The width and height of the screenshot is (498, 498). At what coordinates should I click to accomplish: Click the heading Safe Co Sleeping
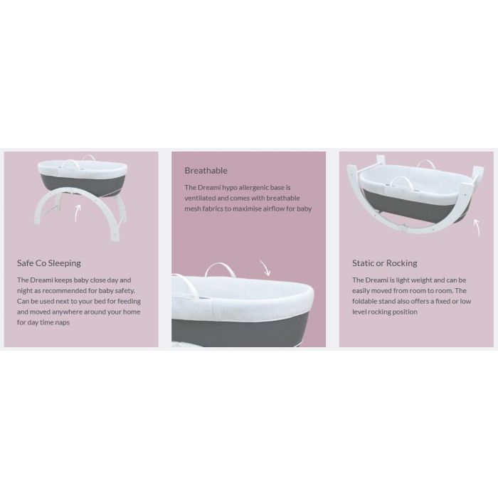pyautogui.click(x=49, y=263)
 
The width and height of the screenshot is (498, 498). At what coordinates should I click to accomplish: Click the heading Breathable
pyautogui.click(x=206, y=171)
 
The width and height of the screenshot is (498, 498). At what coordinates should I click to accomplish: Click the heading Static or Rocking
pyautogui.click(x=385, y=263)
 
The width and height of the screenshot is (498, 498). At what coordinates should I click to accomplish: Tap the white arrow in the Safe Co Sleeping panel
pyautogui.click(x=77, y=213)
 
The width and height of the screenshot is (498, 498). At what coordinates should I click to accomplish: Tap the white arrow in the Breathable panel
pyautogui.click(x=265, y=267)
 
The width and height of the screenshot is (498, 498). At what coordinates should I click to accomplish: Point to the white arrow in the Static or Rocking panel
pyautogui.click(x=477, y=228)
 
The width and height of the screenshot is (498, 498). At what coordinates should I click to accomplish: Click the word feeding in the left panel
pyautogui.click(x=129, y=301)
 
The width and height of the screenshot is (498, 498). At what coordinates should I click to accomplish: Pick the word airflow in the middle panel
pyautogui.click(x=274, y=208)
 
